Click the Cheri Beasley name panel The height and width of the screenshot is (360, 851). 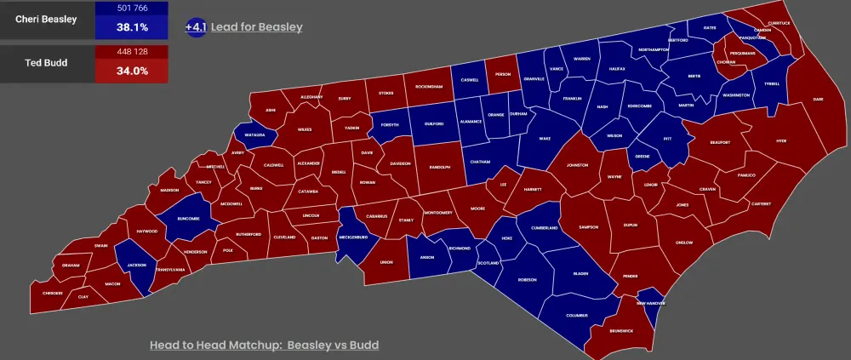(48, 20)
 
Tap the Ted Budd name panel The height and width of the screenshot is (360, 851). (48, 64)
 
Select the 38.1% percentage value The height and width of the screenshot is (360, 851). (132, 27)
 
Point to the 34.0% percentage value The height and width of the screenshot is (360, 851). (132, 71)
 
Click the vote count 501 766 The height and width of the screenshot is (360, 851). (132, 9)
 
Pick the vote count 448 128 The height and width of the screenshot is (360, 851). (132, 52)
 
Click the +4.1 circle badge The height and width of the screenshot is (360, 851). (196, 27)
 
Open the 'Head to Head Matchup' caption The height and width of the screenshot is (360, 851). (264, 345)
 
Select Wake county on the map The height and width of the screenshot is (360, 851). (545, 138)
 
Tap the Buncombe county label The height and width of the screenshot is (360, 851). (188, 217)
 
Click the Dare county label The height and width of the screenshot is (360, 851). (818, 100)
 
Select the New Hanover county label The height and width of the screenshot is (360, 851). (651, 303)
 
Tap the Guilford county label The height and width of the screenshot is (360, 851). (434, 123)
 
